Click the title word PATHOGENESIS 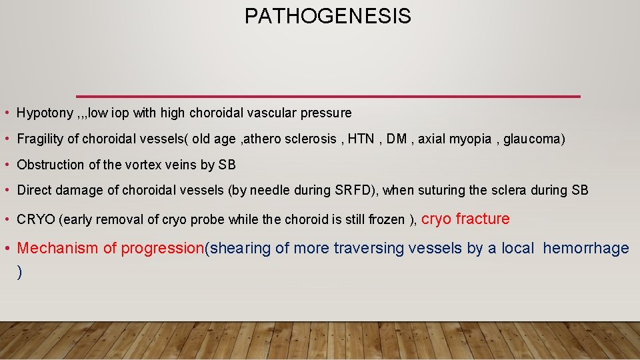327,16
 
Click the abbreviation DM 397,139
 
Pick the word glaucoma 534,139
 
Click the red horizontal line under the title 328,96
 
